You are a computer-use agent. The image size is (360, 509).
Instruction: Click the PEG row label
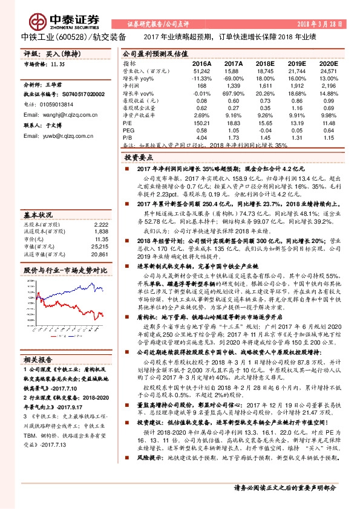128,129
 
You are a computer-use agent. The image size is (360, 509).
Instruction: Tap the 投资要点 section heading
139,155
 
